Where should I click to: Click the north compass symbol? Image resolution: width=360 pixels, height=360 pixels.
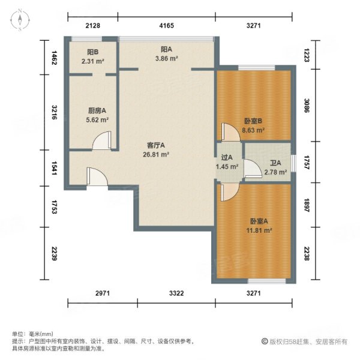(20, 20)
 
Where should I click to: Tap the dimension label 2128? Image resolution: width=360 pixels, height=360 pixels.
(92, 25)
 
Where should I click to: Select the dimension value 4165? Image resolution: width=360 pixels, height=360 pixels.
(167, 25)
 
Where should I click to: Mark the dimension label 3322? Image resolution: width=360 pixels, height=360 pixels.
(176, 293)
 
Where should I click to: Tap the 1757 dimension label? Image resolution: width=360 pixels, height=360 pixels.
(306, 164)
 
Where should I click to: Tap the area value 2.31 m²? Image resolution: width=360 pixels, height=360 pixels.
(93, 61)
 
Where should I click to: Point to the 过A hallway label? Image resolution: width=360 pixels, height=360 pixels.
(227, 158)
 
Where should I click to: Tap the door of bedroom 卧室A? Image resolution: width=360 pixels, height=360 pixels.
(227, 192)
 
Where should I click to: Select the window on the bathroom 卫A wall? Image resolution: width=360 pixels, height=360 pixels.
(293, 163)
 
